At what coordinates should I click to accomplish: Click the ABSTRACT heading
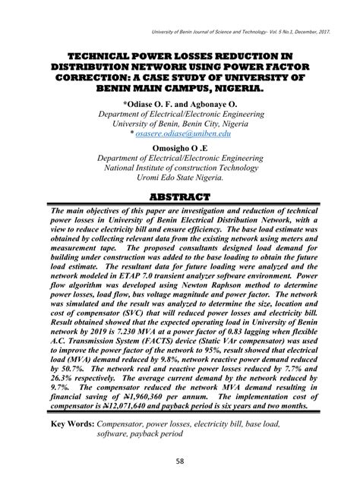click(x=179, y=197)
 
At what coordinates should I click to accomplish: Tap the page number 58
click(x=180, y=462)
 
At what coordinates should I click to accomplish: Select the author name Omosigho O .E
click(x=179, y=148)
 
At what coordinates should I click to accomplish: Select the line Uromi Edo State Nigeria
click(x=179, y=180)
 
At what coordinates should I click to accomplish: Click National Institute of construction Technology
click(x=179, y=169)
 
